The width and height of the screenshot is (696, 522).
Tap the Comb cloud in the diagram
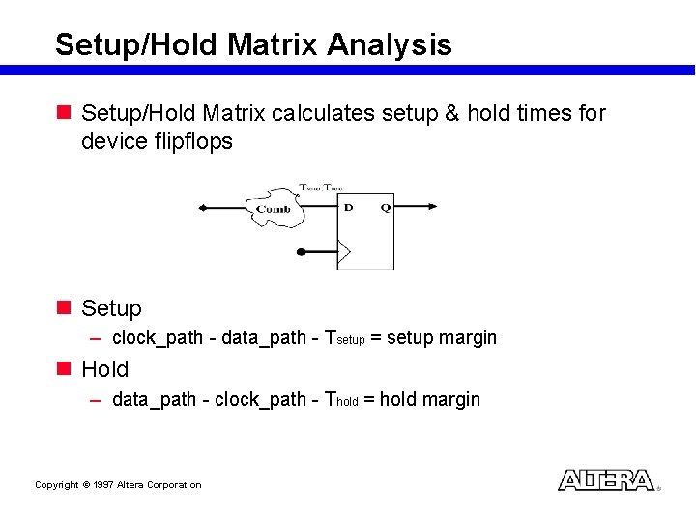pos(275,209)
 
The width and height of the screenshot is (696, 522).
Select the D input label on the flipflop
pos(348,207)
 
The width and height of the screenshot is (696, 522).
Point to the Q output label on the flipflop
pos(384,207)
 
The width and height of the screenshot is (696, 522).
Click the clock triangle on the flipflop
pos(344,252)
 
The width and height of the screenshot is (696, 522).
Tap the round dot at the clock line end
pos(300,252)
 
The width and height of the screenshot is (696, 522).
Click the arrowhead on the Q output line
pos(431,206)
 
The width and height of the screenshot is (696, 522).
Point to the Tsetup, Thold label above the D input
pos(321,187)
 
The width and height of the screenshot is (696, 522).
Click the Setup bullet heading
pos(111,308)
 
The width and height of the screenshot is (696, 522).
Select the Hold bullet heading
pos(104,369)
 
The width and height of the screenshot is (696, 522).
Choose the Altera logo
pos(606,480)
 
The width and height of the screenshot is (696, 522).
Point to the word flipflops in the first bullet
pos(193,141)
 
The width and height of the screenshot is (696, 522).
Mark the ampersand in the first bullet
pos(450,113)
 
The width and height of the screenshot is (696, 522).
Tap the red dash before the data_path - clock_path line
pos(96,400)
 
